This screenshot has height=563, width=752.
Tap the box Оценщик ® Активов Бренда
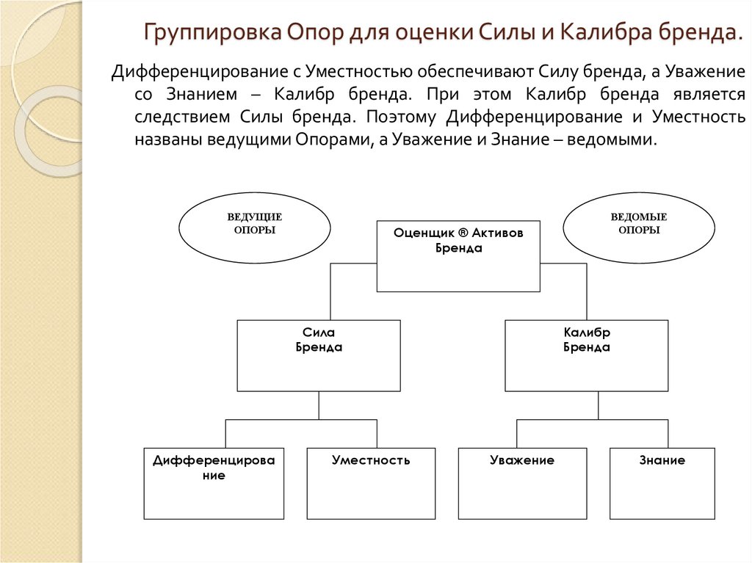(458, 256)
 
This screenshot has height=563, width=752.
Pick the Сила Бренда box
(319, 355)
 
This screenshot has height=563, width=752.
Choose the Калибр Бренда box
(587, 355)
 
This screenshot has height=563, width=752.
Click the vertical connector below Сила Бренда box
(319, 404)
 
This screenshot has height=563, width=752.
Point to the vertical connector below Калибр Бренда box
(599, 404)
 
